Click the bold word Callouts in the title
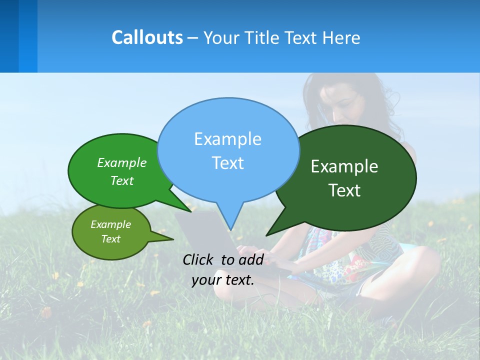tap(147, 37)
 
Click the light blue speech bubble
tap(228, 150)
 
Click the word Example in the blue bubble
tap(227, 139)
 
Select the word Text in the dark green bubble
tap(344, 190)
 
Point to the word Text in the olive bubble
tap(111, 239)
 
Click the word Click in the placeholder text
tap(199, 259)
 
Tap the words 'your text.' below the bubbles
tap(223, 280)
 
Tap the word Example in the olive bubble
tap(111, 224)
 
